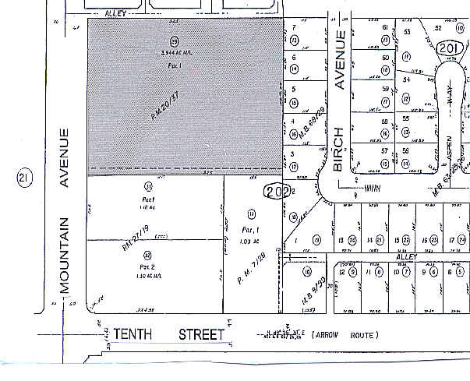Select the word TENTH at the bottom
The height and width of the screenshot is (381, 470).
click(x=132, y=335)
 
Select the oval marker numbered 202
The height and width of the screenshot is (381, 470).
click(x=277, y=191)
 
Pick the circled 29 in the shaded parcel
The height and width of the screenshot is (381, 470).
click(x=174, y=41)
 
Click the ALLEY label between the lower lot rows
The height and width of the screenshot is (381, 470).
click(x=407, y=256)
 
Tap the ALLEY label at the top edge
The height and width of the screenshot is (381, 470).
click(x=118, y=13)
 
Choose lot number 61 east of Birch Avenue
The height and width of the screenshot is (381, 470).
click(x=385, y=28)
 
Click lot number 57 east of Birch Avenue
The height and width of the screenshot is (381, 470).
click(x=385, y=150)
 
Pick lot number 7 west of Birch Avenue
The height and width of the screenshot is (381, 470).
click(x=295, y=28)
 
